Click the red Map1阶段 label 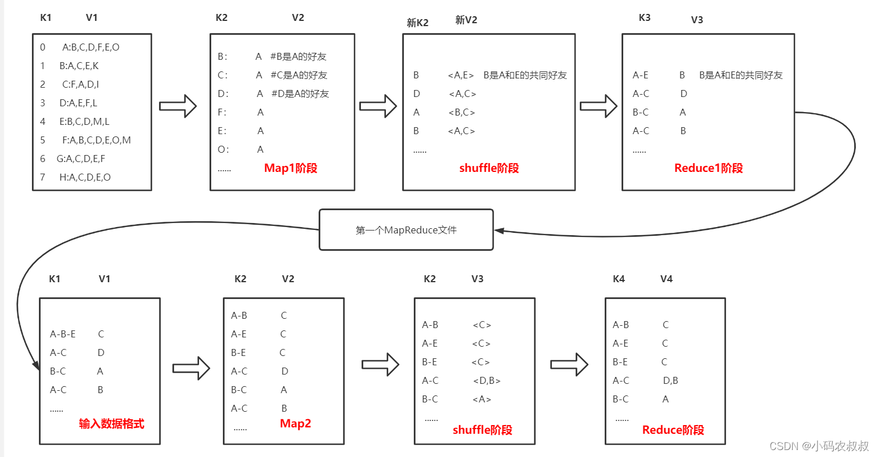pyautogui.click(x=291, y=168)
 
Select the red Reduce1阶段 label pyautogui.click(x=708, y=168)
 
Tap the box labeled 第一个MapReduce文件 pyautogui.click(x=406, y=230)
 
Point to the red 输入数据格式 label pyautogui.click(x=111, y=424)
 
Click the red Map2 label pyautogui.click(x=295, y=424)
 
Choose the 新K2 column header pyautogui.click(x=417, y=23)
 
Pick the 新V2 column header pyautogui.click(x=466, y=20)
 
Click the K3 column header pyautogui.click(x=644, y=18)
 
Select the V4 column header pyautogui.click(x=666, y=279)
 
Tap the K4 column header pyautogui.click(x=619, y=279)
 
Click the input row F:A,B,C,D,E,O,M pyautogui.click(x=96, y=140)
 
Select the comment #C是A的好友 pyautogui.click(x=299, y=75)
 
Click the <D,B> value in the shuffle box pyautogui.click(x=486, y=381)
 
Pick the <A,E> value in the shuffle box pyautogui.click(x=461, y=75)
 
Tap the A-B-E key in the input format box pyautogui.click(x=63, y=334)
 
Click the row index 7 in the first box pyautogui.click(x=42, y=177)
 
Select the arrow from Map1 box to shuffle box pyautogui.click(x=378, y=106)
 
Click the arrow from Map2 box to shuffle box pyautogui.click(x=380, y=365)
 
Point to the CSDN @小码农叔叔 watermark pyautogui.click(x=819, y=446)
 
